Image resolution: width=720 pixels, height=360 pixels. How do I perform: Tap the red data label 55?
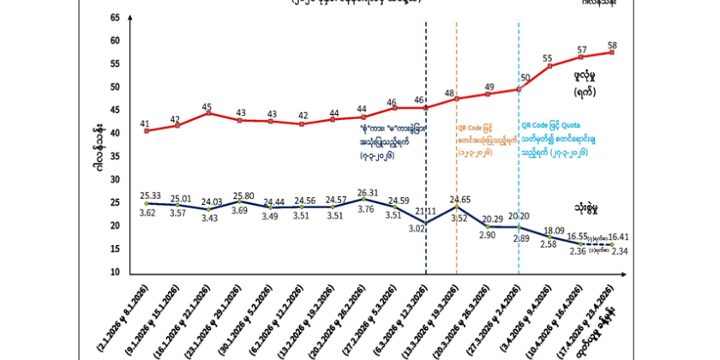coord(549,58)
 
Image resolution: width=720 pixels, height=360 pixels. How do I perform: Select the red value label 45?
coord(207,108)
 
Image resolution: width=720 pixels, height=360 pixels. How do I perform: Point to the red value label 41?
coord(145,123)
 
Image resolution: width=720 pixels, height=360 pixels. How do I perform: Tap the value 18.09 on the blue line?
coord(550,231)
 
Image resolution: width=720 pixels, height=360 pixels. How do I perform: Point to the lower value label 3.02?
coord(417,229)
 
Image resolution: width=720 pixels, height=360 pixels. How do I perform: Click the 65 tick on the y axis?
coord(115,18)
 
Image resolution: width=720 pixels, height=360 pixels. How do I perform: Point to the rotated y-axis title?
coord(99,145)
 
